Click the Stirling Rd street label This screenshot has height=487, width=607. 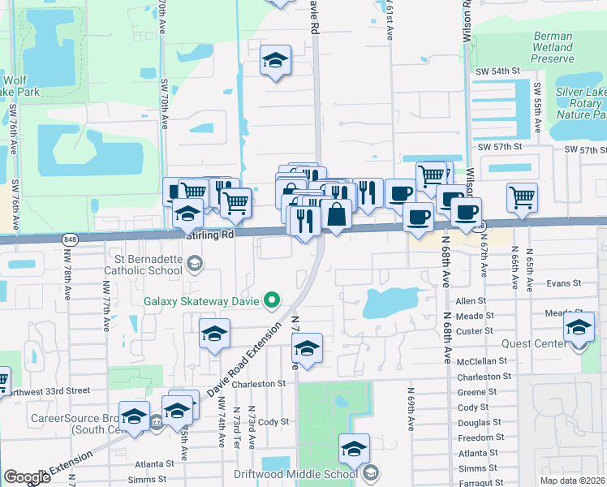coord(209,234)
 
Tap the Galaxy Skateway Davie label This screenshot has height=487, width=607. coord(202,301)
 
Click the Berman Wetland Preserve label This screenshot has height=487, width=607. coord(553,47)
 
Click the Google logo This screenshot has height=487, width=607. coord(27,477)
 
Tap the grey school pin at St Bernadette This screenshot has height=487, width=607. coord(194,262)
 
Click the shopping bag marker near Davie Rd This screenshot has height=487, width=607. coord(336,216)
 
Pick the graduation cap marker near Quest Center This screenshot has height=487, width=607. coord(578,328)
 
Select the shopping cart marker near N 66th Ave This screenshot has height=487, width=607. coord(522,197)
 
